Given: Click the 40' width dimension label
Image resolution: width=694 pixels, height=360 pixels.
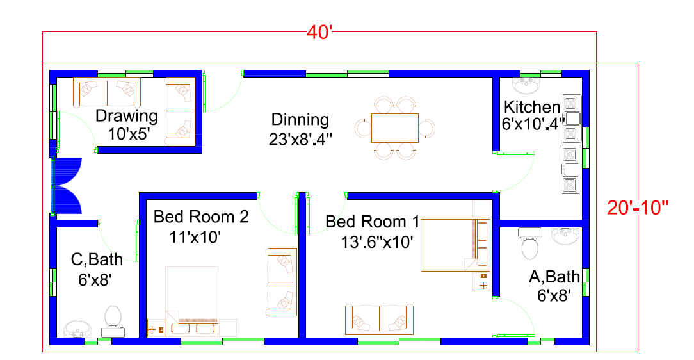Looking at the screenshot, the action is (319, 32).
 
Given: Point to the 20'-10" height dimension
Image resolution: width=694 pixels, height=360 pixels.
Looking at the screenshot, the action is (638, 208).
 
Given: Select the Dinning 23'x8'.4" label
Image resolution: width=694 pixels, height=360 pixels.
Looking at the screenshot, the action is (300, 129).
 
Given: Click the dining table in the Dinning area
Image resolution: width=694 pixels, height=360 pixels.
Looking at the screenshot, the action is (395, 128).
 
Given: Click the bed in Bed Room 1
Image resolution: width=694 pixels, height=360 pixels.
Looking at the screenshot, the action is (455, 245).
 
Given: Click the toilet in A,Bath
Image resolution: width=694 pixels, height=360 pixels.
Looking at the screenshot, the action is (530, 243).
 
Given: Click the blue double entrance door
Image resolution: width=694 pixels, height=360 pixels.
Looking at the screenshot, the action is (67, 186).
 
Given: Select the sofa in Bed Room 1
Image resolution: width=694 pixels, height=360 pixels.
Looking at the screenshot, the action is (379, 319).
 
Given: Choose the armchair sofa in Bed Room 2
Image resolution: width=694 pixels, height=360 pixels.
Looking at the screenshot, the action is (282, 282).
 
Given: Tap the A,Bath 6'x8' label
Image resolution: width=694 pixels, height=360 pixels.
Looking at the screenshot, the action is (554, 286).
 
